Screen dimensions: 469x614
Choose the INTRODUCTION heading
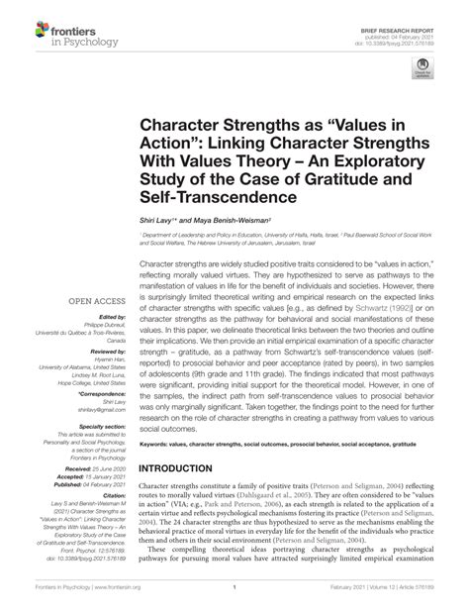pyautogui.click(x=185, y=467)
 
